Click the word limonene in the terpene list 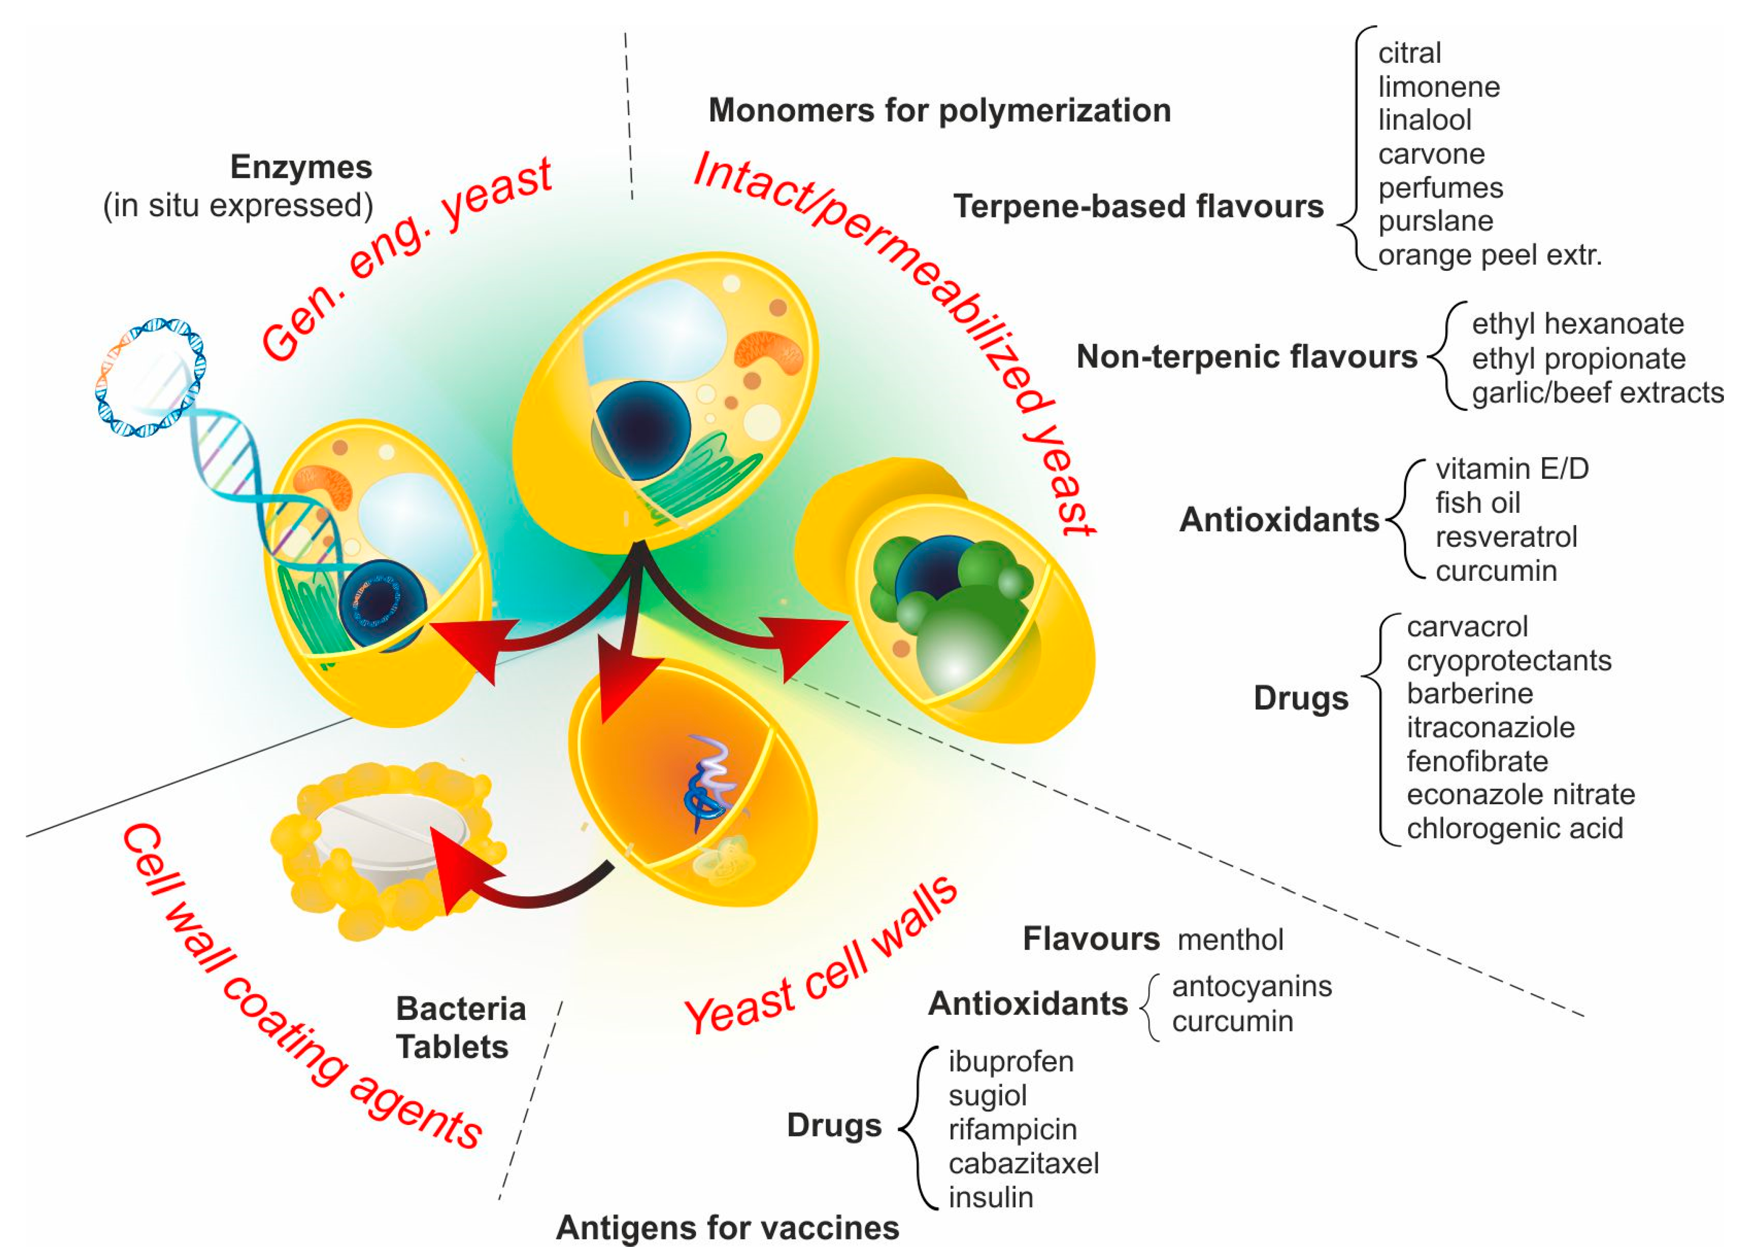[x=1438, y=87]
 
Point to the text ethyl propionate [x=1577, y=359]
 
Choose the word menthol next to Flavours [x=1230, y=940]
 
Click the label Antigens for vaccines [x=727, y=1228]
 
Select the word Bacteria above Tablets [x=460, y=1009]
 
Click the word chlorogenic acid [x=1515, y=829]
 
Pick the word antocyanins [x=1251, y=987]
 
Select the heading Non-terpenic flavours [x=1246, y=357]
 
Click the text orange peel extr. [x=1489, y=255]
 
